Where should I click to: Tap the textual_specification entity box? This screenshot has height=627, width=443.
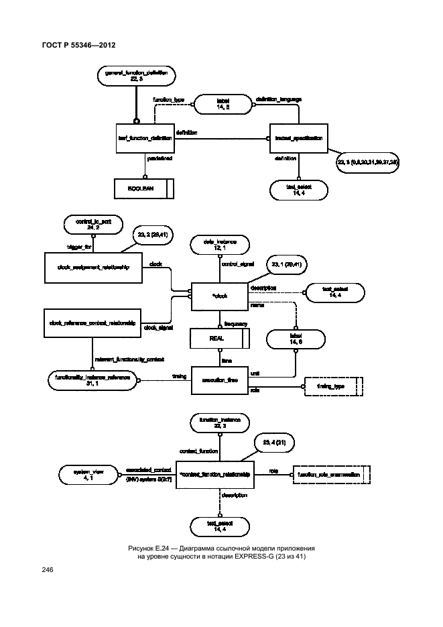pos(299,139)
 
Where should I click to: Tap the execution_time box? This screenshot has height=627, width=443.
pos(220,380)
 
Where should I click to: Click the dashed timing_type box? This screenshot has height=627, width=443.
pos(333,388)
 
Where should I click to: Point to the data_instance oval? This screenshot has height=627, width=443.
pos(220,244)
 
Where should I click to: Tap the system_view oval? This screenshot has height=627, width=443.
pos(82,474)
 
